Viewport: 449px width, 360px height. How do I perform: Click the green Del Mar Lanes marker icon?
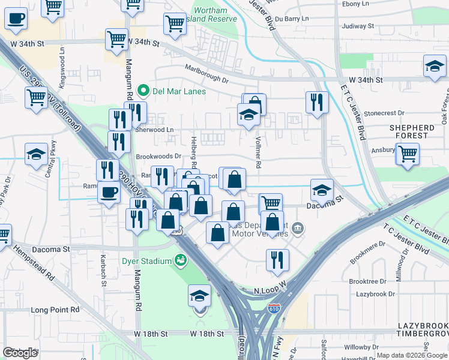click(x=143, y=91)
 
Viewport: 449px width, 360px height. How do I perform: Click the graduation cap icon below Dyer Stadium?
click(x=200, y=295)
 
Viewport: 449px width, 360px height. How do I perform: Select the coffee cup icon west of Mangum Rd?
click(x=109, y=193)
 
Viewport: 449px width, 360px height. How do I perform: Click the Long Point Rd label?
click(x=55, y=310)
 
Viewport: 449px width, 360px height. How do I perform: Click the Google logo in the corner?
click(x=20, y=353)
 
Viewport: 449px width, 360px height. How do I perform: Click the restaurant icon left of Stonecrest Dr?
click(x=316, y=103)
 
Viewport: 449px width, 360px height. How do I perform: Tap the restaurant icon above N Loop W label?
click(x=277, y=259)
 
